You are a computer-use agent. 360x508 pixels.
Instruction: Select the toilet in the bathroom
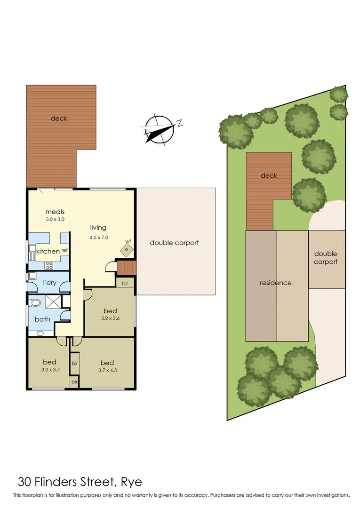point(35,302)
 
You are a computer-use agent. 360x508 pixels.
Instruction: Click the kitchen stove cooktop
point(48,265)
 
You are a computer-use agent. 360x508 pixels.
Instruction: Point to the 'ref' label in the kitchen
point(64,250)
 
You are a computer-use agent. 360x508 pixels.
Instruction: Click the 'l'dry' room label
point(49,282)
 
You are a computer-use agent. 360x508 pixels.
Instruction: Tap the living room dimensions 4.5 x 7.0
point(99,238)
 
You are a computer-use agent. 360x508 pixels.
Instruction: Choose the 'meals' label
point(55,212)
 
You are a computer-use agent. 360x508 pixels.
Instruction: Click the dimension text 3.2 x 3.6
point(110,318)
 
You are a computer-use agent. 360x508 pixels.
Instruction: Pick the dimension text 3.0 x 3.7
point(49,370)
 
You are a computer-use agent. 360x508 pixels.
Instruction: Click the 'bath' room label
point(42,319)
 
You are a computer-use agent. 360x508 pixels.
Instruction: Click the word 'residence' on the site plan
point(276,283)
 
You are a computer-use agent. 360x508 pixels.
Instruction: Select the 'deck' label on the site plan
point(269,175)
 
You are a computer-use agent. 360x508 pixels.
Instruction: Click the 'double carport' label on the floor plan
point(174,243)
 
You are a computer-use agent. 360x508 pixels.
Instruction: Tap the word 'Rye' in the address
point(131,482)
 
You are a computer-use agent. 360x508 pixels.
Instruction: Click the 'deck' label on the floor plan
point(59,119)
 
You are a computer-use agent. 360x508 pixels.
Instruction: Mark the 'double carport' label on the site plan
point(326,258)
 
